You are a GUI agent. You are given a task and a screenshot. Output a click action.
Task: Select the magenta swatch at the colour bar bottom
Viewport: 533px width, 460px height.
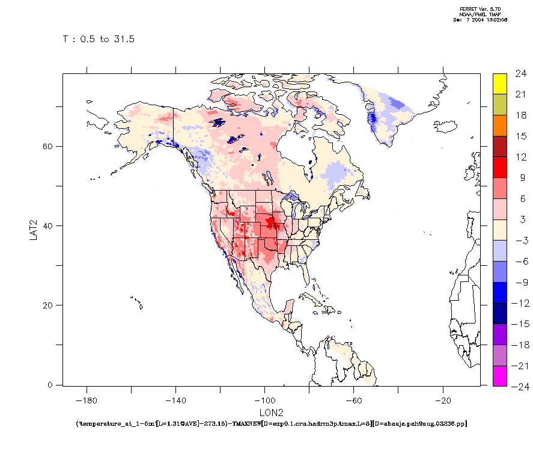coord(500,375)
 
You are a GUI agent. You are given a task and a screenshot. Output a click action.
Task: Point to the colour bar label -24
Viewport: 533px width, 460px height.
coord(518,386)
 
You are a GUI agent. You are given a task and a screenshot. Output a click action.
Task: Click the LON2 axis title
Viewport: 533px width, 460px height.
coord(271,413)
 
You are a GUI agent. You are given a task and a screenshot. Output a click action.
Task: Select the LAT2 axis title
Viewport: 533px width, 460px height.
coord(34,230)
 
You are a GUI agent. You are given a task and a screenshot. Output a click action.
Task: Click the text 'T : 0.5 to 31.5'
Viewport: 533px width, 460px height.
coord(99,40)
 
